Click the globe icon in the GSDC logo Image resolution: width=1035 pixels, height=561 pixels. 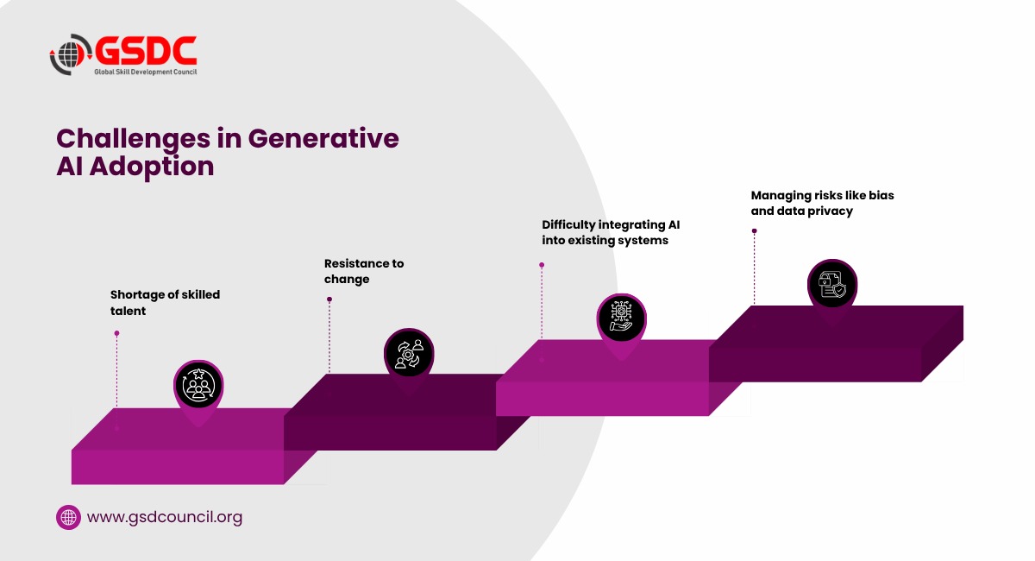68,54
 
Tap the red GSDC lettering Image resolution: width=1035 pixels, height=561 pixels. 147,50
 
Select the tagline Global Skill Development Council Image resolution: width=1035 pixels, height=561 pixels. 146,72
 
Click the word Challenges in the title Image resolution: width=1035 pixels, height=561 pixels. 133,139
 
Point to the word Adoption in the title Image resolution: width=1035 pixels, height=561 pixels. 152,167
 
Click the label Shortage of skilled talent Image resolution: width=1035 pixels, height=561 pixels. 165,302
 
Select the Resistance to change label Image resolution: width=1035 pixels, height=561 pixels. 364,271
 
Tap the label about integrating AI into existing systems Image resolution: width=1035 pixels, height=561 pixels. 611,232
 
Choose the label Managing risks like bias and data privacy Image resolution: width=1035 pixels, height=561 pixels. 822,203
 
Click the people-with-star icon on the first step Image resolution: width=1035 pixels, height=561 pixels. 198,385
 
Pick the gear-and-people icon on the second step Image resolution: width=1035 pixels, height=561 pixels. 409,354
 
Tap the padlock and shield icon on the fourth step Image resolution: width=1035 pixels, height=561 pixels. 832,285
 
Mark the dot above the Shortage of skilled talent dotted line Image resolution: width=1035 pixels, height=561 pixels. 117,333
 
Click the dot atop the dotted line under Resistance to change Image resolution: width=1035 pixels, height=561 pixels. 329,299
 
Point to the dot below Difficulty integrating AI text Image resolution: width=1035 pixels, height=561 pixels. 542,266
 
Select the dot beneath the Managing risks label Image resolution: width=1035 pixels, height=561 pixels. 754,230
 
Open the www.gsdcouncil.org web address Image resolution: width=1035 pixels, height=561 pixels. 165,517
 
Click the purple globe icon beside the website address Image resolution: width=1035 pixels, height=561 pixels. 68,517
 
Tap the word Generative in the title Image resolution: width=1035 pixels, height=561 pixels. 323,138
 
